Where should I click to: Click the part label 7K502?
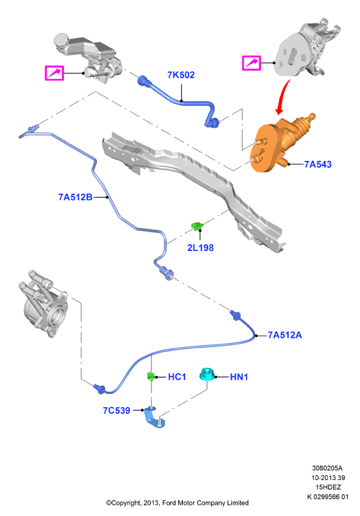(181, 75)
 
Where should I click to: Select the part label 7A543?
(317, 164)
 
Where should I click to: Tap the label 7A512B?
(75, 197)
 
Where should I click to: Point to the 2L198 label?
(200, 248)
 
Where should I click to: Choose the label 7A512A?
(285, 335)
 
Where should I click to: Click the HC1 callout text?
(177, 376)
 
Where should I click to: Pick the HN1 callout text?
(239, 376)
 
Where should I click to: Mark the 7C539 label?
(116, 411)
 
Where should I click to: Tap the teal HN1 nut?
(207, 374)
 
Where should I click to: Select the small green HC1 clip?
(150, 376)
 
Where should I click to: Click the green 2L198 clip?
(197, 226)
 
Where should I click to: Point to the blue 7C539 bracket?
(154, 417)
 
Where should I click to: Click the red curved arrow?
(283, 95)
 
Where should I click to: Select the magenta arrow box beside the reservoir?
(54, 73)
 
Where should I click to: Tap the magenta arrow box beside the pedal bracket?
(252, 63)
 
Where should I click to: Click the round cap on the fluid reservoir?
(61, 41)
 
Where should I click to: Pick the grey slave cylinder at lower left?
(43, 304)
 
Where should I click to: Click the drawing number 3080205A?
(327, 468)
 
